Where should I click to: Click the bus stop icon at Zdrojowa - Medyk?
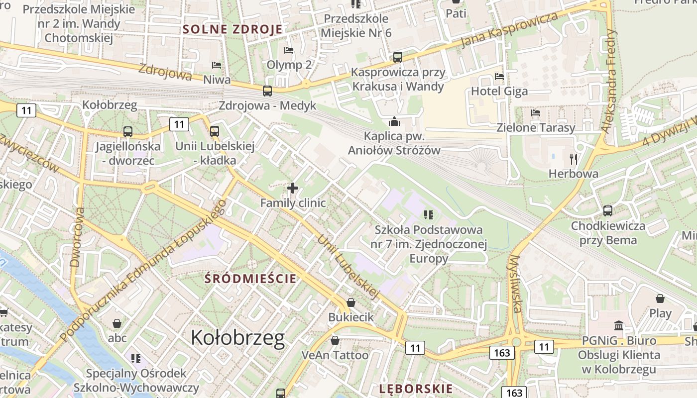click(x=267, y=91)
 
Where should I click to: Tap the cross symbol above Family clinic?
click(x=293, y=188)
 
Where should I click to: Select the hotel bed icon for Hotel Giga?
click(x=499, y=77)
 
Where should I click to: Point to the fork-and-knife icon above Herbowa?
click(x=574, y=159)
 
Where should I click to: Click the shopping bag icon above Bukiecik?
click(x=351, y=302)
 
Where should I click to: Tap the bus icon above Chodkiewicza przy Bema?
click(x=607, y=211)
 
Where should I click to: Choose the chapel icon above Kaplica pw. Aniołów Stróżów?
click(x=394, y=121)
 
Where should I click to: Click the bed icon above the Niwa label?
click(x=217, y=65)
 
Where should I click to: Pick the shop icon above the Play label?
click(x=660, y=298)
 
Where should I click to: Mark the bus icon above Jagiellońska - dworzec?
click(x=128, y=132)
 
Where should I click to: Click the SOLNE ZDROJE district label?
click(x=232, y=29)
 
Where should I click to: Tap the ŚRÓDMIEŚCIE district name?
click(x=250, y=279)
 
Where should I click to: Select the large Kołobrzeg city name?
click(x=238, y=338)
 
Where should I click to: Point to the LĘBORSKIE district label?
click(x=416, y=389)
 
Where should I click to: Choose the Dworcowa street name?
click(x=78, y=237)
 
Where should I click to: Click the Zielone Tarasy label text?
click(x=536, y=128)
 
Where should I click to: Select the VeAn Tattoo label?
click(x=335, y=355)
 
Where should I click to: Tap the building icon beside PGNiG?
click(x=619, y=325)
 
